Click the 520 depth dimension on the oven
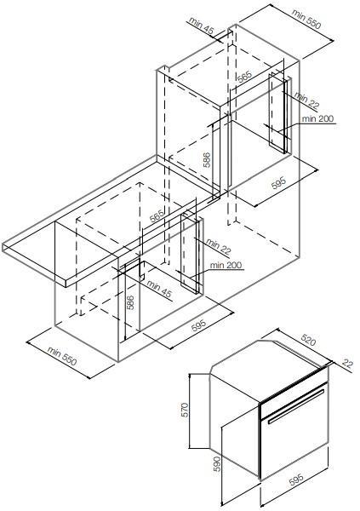(308, 340)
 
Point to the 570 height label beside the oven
(185, 410)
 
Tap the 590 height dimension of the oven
(217, 464)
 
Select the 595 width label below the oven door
(296, 479)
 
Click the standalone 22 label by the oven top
(347, 363)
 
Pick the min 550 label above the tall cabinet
(306, 18)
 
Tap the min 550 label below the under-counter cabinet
(62, 356)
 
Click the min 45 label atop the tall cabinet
(201, 26)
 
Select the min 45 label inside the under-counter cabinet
(158, 289)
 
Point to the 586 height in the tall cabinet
(207, 160)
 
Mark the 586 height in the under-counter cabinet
(130, 302)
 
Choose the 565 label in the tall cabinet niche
(244, 76)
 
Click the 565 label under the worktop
(157, 216)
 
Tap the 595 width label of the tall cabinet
(278, 182)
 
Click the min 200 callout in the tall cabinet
(317, 118)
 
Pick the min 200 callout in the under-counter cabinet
(226, 265)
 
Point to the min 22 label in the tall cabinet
(307, 100)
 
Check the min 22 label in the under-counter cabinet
(218, 247)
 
